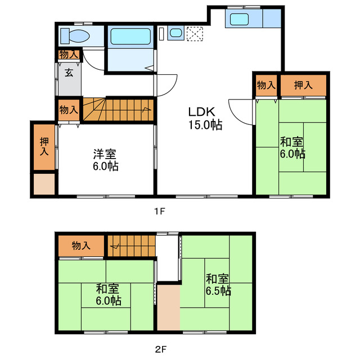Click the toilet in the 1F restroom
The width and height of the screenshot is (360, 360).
75,36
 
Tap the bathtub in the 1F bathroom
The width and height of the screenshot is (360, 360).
130,36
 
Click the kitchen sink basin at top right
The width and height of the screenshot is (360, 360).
239,19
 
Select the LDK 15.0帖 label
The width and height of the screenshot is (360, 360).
205,119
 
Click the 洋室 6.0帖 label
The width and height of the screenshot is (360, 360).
105,160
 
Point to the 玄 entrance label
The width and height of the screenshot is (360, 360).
69,73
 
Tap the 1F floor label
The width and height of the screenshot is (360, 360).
160,211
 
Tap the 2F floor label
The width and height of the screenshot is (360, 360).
160,349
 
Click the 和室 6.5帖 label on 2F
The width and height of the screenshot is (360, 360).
218,285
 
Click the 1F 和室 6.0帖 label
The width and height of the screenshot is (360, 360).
292,148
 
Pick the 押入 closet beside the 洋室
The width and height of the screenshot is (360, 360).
44,147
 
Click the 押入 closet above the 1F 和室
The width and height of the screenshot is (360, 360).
303,85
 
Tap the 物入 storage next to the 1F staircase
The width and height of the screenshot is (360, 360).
69,110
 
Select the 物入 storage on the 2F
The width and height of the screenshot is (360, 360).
81,246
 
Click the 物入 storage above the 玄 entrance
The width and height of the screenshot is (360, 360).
69,55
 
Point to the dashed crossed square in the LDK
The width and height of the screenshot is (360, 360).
195,34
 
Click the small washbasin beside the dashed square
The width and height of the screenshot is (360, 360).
176,33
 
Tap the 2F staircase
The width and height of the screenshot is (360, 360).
131,246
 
